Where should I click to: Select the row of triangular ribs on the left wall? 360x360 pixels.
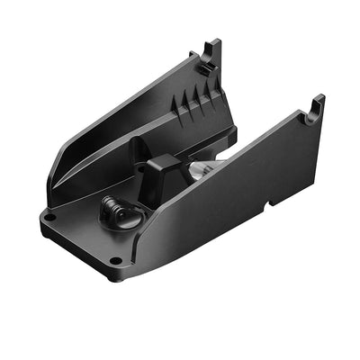point(200,100)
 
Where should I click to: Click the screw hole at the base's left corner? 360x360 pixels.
point(50,217)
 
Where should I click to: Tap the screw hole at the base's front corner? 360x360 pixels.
point(115,261)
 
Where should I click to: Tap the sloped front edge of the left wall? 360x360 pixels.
point(63,166)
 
